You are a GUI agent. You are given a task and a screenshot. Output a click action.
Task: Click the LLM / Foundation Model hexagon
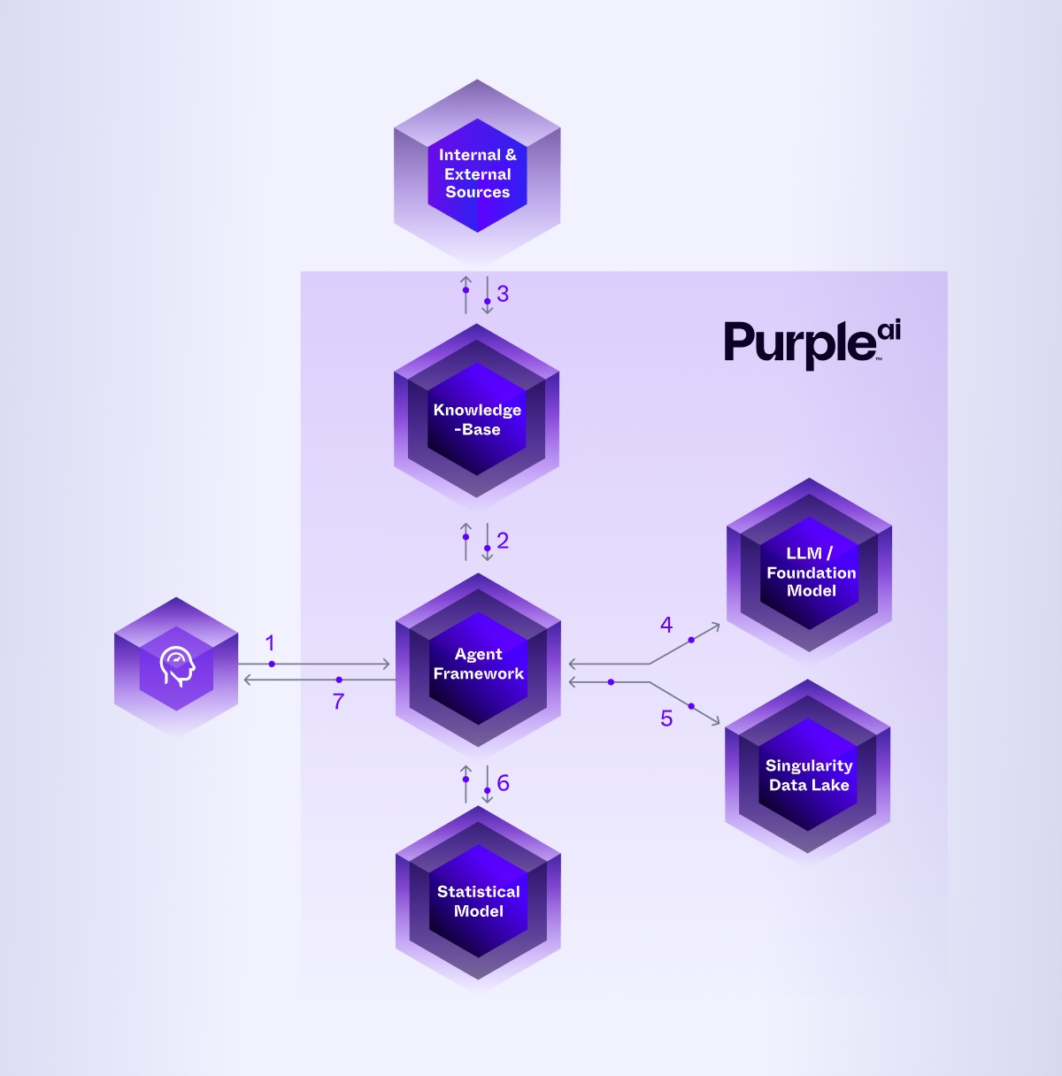click(x=810, y=571)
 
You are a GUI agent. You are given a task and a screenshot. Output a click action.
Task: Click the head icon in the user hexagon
click(x=176, y=666)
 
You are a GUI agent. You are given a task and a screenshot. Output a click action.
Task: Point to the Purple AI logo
click(x=812, y=343)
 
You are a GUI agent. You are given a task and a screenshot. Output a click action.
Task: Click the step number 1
click(x=270, y=643)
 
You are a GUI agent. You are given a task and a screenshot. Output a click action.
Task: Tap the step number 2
click(x=503, y=540)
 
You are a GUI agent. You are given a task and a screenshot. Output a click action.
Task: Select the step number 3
click(x=503, y=294)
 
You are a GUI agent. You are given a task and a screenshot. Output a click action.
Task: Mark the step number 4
click(x=666, y=625)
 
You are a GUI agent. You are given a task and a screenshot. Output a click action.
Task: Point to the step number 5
click(x=666, y=719)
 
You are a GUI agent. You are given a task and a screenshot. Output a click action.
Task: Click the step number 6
click(x=503, y=782)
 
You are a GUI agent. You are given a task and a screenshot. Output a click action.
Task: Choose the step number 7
click(x=338, y=702)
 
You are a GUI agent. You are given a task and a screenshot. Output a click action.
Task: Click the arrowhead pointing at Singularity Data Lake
click(x=716, y=722)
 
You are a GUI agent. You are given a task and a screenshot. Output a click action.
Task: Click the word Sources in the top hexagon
click(x=477, y=192)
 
